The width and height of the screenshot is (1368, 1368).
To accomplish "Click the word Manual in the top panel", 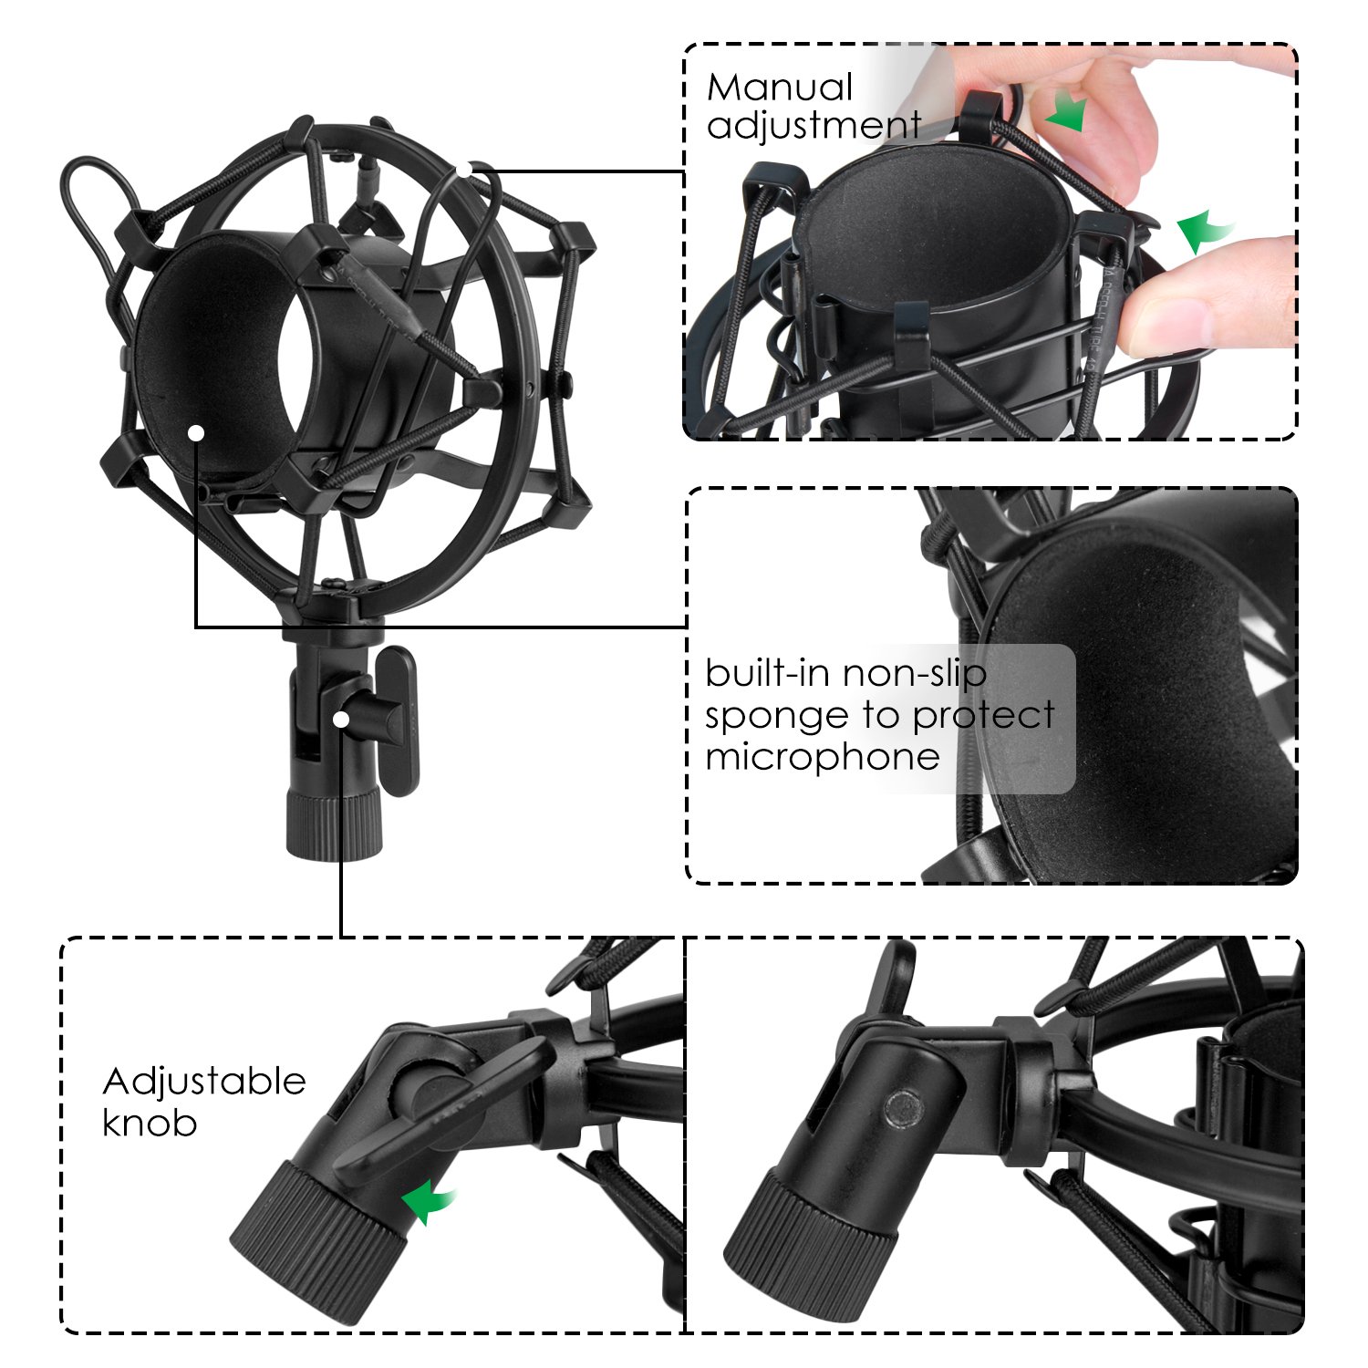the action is [x=779, y=88].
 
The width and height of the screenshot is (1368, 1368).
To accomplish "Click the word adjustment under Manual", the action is [x=814, y=125].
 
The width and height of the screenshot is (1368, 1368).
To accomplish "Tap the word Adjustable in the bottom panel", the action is [x=204, y=1083].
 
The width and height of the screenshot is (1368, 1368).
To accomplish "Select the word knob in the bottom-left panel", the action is [x=150, y=1123].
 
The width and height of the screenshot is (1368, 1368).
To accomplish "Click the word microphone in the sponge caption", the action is [x=822, y=757].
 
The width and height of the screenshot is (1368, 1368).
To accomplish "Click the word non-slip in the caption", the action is [x=914, y=674].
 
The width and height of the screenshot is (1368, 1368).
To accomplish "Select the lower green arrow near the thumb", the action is [x=1202, y=232].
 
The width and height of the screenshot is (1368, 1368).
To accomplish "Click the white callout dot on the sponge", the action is [x=196, y=432].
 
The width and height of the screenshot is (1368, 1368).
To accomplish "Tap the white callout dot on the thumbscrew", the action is [x=341, y=719].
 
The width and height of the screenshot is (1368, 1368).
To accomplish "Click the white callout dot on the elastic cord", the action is [x=465, y=170].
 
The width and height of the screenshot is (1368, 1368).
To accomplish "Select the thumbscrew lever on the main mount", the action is [x=398, y=720].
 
